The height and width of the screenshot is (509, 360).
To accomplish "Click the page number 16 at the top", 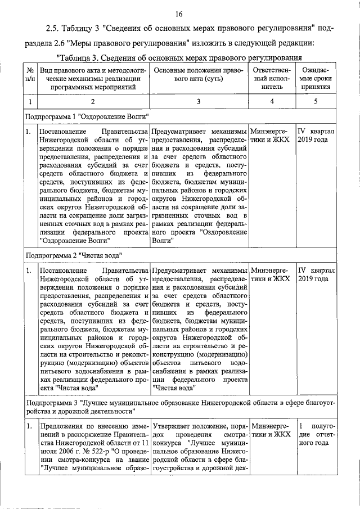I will [179, 14].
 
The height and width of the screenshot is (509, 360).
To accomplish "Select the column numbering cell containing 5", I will [316, 102].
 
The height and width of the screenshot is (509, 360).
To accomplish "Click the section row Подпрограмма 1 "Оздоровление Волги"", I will [87, 116].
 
